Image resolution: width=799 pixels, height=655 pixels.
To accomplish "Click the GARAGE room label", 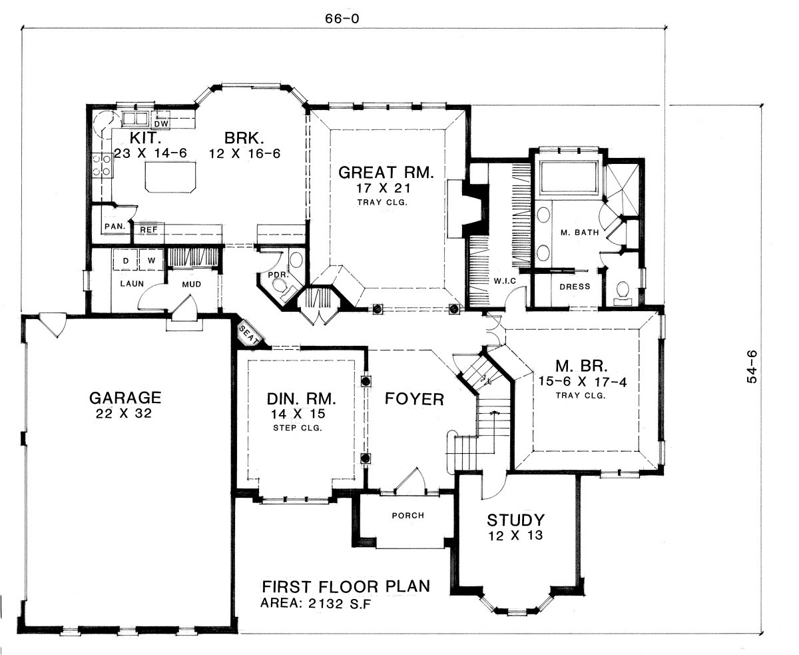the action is (x=125, y=398).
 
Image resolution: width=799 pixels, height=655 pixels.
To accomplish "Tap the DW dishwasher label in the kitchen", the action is (x=161, y=123).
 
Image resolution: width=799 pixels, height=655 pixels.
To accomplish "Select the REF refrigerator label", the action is (x=148, y=230).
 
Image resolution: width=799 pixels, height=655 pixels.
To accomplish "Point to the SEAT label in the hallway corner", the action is (x=249, y=336).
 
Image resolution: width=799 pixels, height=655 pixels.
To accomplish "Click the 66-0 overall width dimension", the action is (x=342, y=19).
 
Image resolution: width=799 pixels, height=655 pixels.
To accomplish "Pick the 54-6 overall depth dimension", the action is (x=752, y=366).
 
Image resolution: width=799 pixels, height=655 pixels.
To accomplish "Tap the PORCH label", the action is (x=408, y=516).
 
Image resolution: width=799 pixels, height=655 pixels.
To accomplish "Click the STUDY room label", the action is (x=515, y=520).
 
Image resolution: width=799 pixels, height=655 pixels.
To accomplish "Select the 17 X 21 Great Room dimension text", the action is (x=383, y=188).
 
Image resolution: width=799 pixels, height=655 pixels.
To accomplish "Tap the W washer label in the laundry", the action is (x=152, y=261).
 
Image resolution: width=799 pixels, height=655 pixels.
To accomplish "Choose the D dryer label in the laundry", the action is (x=126, y=261).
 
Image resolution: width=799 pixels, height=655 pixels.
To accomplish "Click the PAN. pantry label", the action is (x=115, y=227).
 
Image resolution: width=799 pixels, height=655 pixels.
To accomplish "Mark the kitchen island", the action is (x=170, y=177).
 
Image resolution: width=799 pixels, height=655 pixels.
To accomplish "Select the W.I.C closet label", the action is (x=505, y=281).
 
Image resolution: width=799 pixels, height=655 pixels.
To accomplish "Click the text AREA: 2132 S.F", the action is (x=315, y=603).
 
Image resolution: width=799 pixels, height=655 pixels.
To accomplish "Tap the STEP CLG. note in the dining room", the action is (x=298, y=428).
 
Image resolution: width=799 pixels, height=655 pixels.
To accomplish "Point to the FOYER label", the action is (x=414, y=399).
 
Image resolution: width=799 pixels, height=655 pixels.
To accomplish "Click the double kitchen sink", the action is (x=135, y=119).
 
